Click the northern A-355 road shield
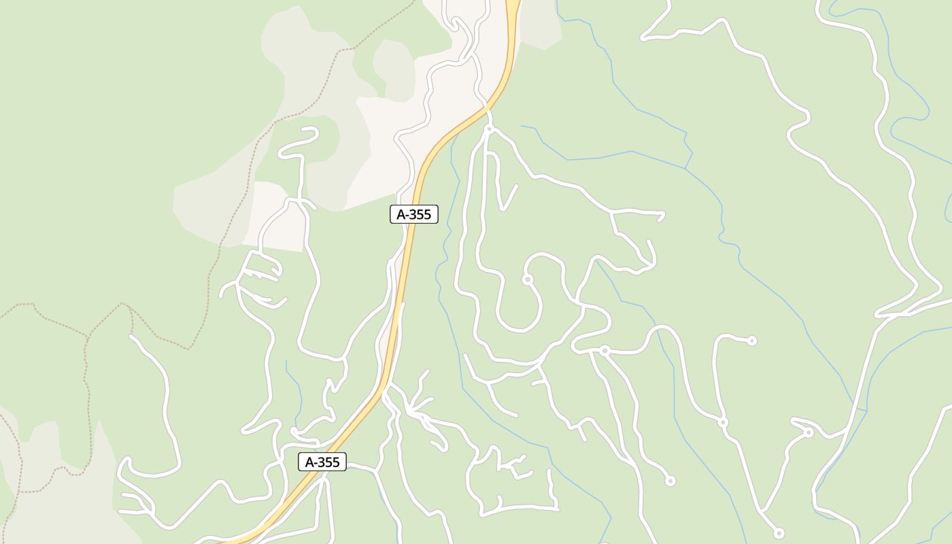pyautogui.click(x=413, y=214)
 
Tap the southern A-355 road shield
pyautogui.click(x=322, y=462)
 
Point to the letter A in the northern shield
pyautogui.click(x=401, y=214)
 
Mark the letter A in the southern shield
pyautogui.click(x=309, y=462)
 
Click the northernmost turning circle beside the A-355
pyautogui.click(x=488, y=129)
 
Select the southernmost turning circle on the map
pyautogui.click(x=779, y=533)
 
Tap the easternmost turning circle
pyautogui.click(x=809, y=432)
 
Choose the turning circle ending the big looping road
pyautogui.click(x=527, y=279)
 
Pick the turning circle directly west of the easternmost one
pyautogui.click(x=723, y=422)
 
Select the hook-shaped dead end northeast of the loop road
pyautogui.click(x=660, y=216)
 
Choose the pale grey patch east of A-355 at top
pyautogui.click(x=541, y=24)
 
